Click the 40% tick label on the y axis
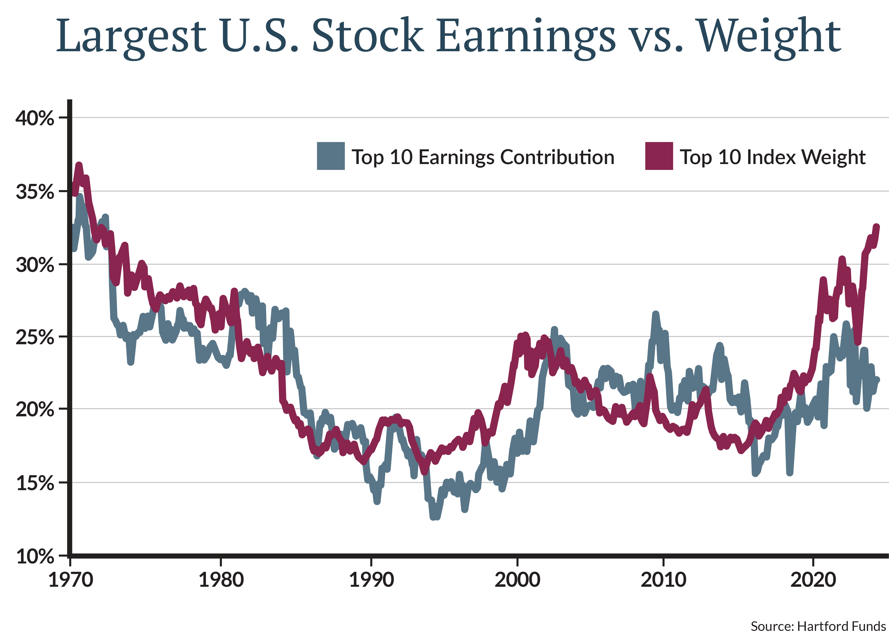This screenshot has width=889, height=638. [35, 118]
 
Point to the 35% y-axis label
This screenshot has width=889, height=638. [35, 192]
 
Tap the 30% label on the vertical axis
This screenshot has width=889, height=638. [35, 265]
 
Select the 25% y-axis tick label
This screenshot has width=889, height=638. [35, 337]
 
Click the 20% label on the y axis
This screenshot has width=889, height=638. [35, 410]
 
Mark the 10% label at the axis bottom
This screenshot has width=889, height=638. [35, 556]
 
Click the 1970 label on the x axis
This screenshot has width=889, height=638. [70, 580]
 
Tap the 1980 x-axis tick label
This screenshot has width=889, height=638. [221, 580]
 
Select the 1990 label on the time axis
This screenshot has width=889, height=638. [371, 580]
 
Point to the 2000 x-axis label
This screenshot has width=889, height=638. [517, 580]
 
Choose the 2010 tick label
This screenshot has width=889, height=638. [664, 580]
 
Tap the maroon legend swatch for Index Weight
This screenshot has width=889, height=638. [659, 156]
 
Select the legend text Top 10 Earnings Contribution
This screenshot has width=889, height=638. [483, 157]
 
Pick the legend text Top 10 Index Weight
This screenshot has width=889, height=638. [772, 157]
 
